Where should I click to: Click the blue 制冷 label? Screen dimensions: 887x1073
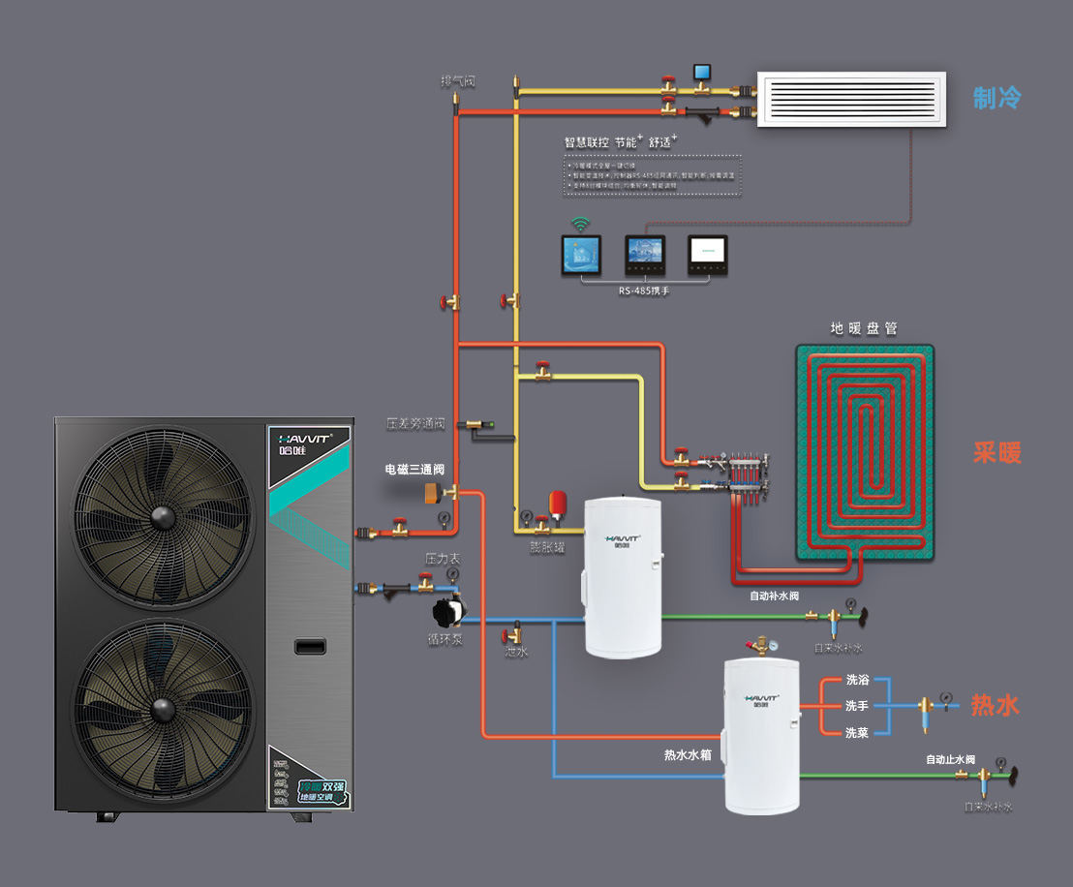997,98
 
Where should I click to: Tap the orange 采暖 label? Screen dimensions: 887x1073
997,452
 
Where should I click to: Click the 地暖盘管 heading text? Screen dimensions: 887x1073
864,328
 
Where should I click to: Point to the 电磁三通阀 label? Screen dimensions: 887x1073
414,470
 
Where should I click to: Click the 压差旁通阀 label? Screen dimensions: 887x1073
414,423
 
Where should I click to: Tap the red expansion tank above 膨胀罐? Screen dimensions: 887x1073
559,504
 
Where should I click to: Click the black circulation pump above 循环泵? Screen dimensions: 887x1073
447,612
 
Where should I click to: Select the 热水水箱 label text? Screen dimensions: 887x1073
688,754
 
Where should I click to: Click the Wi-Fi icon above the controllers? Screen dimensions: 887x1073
580,225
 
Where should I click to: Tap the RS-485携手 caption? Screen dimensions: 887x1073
644,290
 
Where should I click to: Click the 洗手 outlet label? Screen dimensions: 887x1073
856,706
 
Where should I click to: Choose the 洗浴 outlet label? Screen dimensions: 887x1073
856,680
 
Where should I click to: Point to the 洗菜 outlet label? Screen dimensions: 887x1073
856,733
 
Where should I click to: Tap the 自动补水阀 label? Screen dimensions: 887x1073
774,596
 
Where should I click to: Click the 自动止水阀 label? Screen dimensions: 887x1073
950,759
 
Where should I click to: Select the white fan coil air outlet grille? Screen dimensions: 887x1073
851,99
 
